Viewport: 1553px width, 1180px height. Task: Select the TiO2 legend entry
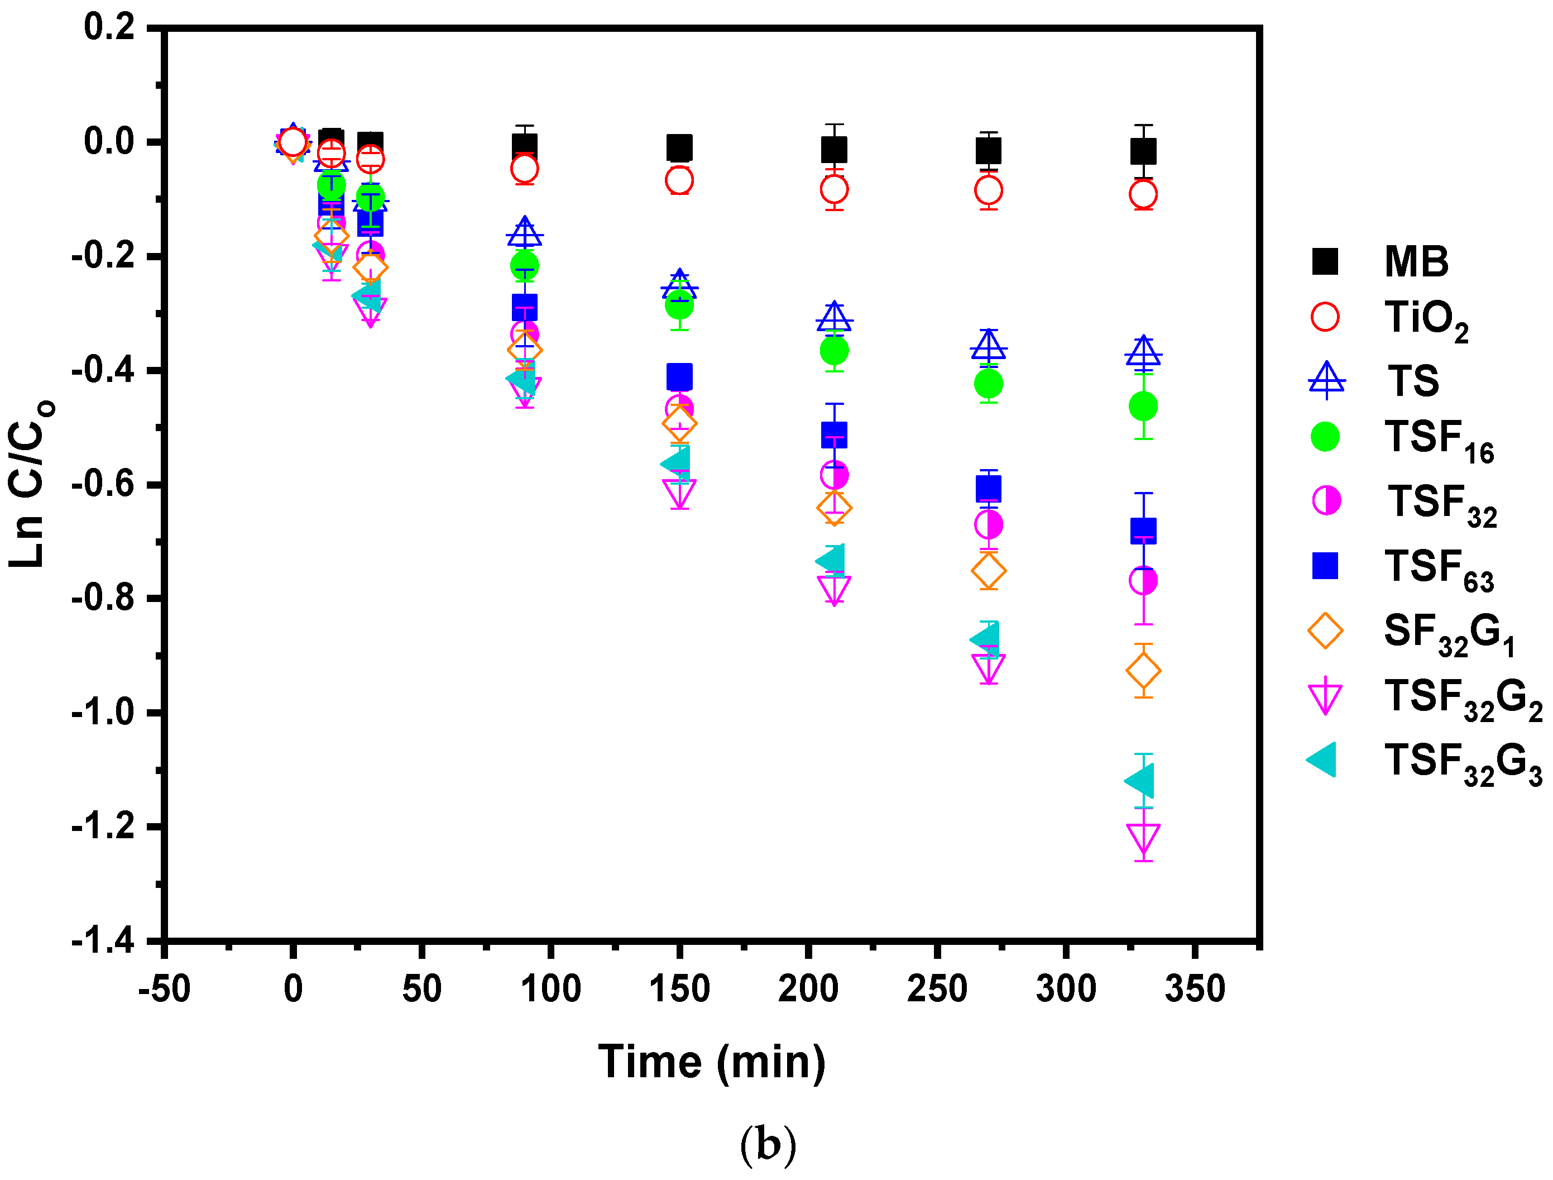pos(1426,321)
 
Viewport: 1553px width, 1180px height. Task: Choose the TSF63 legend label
pos(1439,569)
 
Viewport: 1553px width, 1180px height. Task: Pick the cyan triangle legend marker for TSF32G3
pos(1322,759)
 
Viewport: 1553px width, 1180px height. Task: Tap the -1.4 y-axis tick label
pos(103,940)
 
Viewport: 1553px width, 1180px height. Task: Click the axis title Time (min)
pos(711,1062)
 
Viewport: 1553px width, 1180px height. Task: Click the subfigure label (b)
pos(768,1144)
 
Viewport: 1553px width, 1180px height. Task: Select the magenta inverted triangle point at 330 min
pos(1143,837)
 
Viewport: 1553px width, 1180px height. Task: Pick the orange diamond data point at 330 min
pos(1143,671)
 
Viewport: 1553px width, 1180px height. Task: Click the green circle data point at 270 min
pos(989,384)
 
